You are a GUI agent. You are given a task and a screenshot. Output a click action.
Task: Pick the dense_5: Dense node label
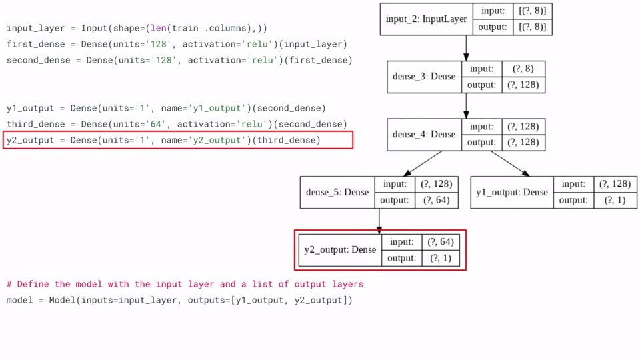pos(337,192)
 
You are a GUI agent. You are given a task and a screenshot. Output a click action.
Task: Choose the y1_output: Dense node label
pos(512,192)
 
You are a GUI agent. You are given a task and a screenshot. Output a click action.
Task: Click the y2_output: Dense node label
pos(340,250)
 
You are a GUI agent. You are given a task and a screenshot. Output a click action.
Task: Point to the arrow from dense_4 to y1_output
pos(509,163)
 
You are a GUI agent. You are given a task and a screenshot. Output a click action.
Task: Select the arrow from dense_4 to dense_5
pos(424,163)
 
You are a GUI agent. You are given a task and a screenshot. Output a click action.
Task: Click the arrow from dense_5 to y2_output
pos(379,220)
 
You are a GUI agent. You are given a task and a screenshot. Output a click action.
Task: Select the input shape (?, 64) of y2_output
pos(441,242)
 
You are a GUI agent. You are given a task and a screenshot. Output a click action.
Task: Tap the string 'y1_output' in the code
pos(216,108)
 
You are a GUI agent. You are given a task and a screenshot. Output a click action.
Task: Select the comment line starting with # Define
pos(185,284)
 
